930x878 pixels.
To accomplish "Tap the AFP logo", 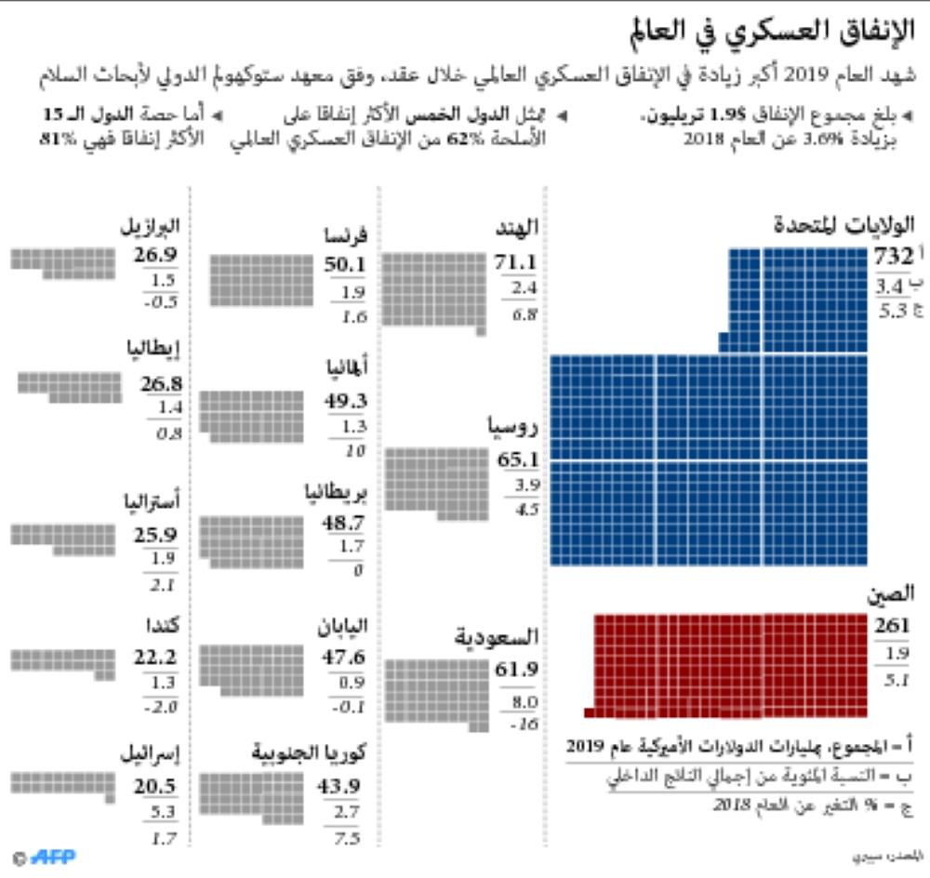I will point(52,856).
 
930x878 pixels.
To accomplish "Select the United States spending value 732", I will point(894,258).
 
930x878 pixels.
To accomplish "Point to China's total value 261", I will point(892,626).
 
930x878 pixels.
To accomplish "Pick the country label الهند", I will point(519,227).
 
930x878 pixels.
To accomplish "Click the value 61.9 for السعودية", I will point(517,670).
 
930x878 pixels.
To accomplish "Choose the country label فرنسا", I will point(342,236).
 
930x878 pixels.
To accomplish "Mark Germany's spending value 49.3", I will point(345,401).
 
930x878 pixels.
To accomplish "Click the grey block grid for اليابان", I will point(252,664).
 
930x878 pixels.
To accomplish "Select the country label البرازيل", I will point(150,225).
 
